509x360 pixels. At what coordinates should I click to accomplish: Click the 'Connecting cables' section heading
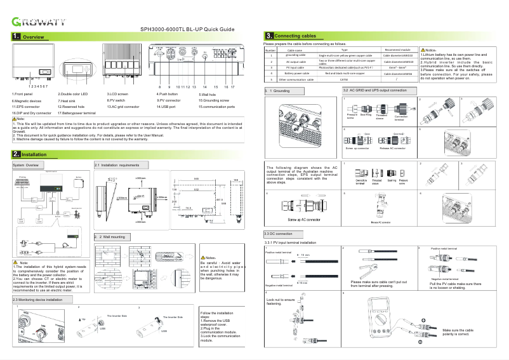[x=296, y=36]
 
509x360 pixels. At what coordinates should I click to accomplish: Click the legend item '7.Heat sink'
[x=68, y=100]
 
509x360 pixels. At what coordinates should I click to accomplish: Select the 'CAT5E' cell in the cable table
[x=343, y=80]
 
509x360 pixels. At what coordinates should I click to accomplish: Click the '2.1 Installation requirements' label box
[x=117, y=165]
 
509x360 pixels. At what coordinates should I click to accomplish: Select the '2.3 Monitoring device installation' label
[x=37, y=299]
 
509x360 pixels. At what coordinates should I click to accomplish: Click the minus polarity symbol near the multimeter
[x=420, y=342]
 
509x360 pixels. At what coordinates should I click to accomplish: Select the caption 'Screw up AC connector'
[x=298, y=220]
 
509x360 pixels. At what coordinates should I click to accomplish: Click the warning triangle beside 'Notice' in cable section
[x=423, y=50]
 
